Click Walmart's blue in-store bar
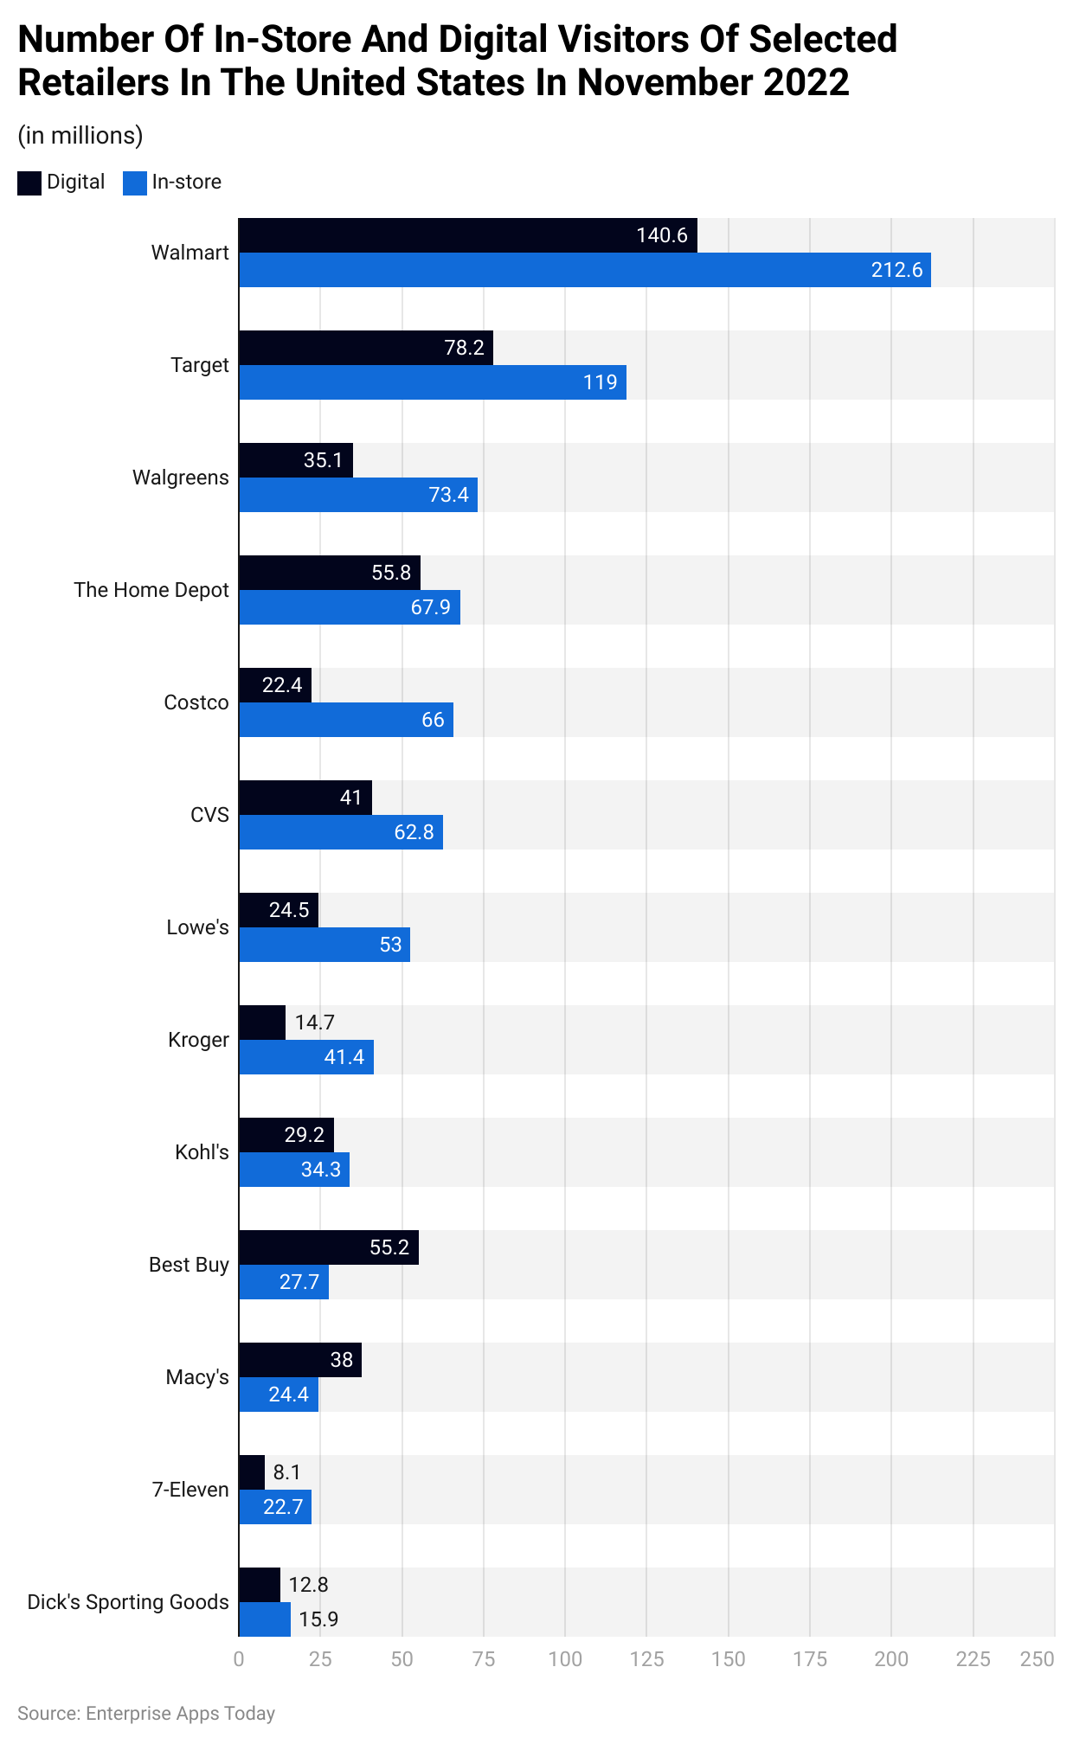click(x=584, y=270)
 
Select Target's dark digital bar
click(x=365, y=348)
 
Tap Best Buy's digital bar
click(x=329, y=1247)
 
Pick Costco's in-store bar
click(x=345, y=720)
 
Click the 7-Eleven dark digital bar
click(x=252, y=1472)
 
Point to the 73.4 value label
click(x=448, y=495)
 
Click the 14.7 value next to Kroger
click(x=314, y=1023)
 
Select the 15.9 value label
click(x=318, y=1619)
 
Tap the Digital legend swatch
click(x=29, y=183)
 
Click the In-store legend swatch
click(x=135, y=183)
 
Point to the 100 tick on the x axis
click(x=565, y=1659)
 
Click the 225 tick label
click(x=973, y=1659)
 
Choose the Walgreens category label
click(x=180, y=478)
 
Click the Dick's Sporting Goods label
click(x=128, y=1602)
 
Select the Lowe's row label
click(x=197, y=927)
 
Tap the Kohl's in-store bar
click(x=294, y=1170)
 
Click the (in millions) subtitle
click(x=80, y=136)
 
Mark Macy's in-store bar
click(x=279, y=1395)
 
